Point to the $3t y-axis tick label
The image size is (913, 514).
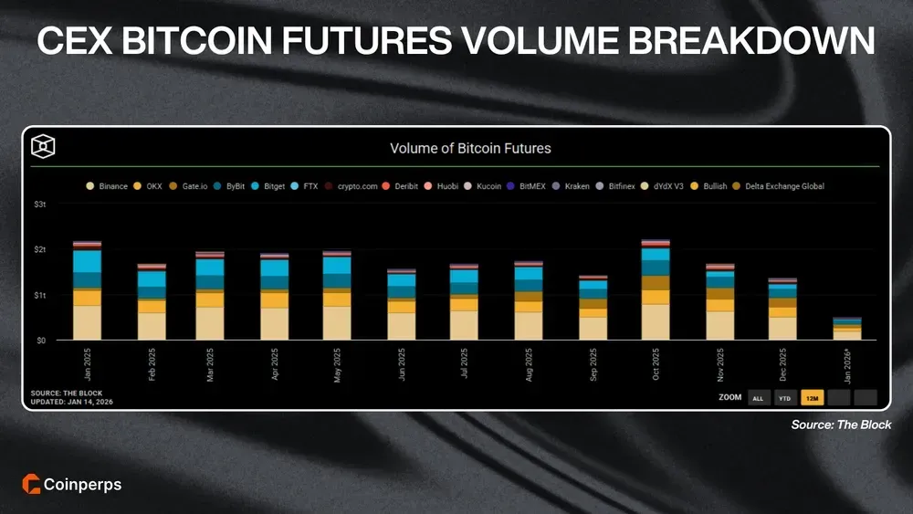[x=40, y=205]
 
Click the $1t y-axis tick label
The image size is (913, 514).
[x=40, y=295]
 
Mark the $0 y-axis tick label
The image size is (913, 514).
[x=40, y=340]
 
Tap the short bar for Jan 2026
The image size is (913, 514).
[x=846, y=329]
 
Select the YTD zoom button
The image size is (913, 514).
[x=784, y=397]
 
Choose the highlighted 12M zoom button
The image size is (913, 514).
[x=812, y=397]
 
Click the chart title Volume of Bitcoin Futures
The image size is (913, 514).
[x=470, y=148]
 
